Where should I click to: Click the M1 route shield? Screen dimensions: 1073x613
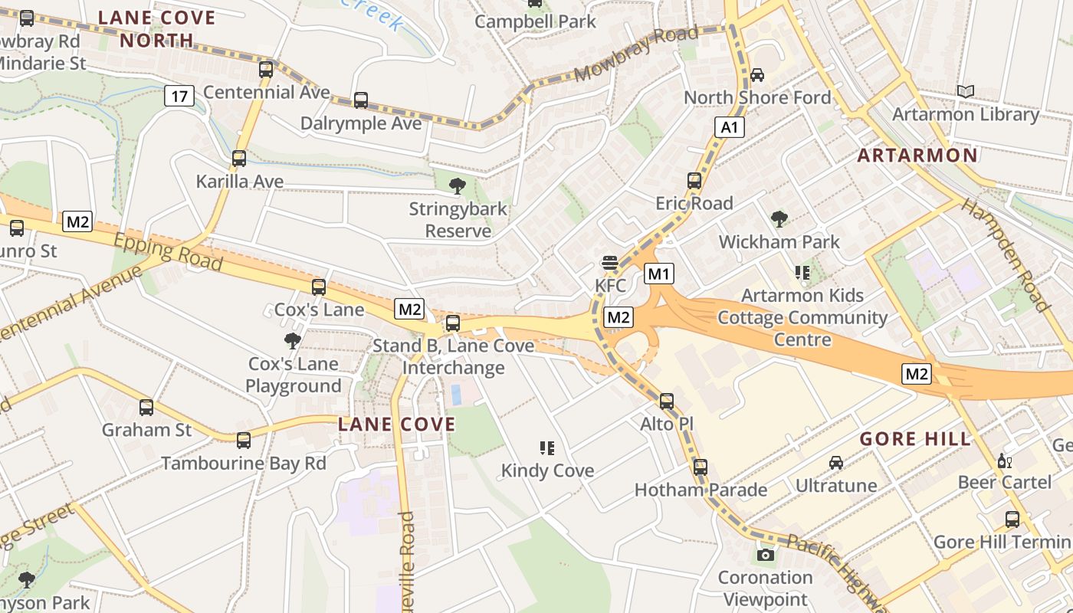click(x=659, y=274)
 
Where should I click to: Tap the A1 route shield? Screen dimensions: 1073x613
click(x=730, y=126)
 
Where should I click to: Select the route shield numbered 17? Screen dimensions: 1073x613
click(x=178, y=97)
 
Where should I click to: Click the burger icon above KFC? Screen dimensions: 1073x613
click(x=610, y=264)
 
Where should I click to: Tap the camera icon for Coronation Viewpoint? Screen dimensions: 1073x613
click(x=765, y=555)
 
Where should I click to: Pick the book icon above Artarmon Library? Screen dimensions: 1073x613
click(x=966, y=92)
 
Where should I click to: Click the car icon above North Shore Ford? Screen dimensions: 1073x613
click(x=757, y=75)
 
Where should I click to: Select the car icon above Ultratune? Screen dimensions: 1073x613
click(x=836, y=463)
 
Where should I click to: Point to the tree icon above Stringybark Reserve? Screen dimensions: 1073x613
click(x=458, y=186)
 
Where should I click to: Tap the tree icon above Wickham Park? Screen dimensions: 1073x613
click(x=779, y=219)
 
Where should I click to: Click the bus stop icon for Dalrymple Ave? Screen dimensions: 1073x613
click(x=360, y=100)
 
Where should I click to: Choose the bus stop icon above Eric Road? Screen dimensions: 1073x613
click(x=694, y=181)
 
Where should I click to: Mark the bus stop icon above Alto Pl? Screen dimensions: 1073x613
click(x=667, y=402)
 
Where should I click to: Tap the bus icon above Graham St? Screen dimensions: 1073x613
click(x=146, y=408)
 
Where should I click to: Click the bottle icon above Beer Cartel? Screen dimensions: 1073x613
click(x=1004, y=461)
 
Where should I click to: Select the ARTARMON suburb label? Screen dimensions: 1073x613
click(x=917, y=156)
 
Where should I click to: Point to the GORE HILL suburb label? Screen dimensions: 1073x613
click(x=915, y=439)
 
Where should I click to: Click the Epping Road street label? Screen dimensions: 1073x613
click(x=168, y=253)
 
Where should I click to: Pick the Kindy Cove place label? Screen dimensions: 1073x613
click(x=547, y=470)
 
